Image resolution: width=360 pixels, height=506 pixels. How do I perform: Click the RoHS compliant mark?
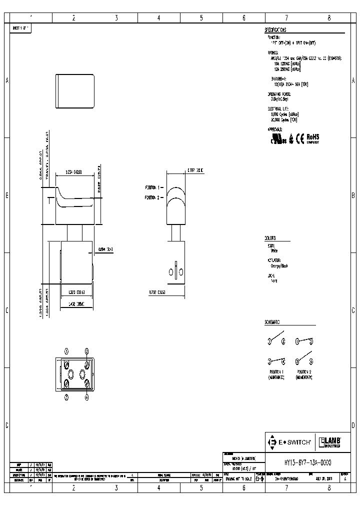[312, 137]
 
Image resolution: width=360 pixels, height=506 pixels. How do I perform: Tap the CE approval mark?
[299, 139]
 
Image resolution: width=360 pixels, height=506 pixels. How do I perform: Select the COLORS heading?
[270, 238]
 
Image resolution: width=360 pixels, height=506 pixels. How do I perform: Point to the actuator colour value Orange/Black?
[278, 266]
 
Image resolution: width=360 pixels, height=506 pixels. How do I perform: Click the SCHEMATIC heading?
[272, 322]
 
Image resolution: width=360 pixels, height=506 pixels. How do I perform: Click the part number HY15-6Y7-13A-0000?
[303, 463]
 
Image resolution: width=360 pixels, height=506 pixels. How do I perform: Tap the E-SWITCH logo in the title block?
[291, 442]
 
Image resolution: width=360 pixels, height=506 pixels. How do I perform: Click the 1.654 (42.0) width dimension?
[73, 171]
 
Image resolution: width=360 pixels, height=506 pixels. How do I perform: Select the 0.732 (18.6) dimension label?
[157, 292]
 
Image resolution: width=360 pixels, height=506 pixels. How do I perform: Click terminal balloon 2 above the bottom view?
[87, 351]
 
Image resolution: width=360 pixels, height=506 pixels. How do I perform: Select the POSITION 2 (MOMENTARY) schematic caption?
[304, 374]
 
